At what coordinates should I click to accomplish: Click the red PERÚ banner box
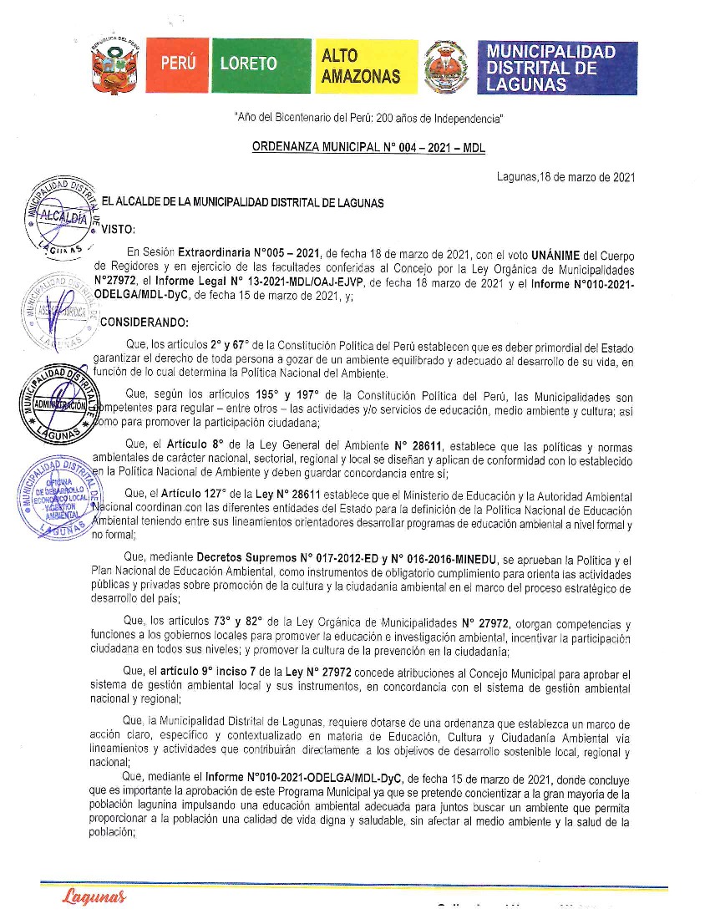point(178,66)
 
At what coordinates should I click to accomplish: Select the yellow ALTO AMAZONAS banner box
point(360,66)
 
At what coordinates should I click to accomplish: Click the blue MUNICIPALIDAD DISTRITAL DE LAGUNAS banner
point(552,67)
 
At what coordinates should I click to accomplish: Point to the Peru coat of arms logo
point(114,66)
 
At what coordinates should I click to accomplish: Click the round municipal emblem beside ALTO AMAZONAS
point(446,66)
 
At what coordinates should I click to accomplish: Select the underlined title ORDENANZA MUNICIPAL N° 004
point(368,148)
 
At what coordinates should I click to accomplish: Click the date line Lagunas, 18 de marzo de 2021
point(565,177)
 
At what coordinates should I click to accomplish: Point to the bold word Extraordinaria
point(220,254)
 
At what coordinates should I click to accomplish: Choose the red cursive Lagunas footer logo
point(94,897)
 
